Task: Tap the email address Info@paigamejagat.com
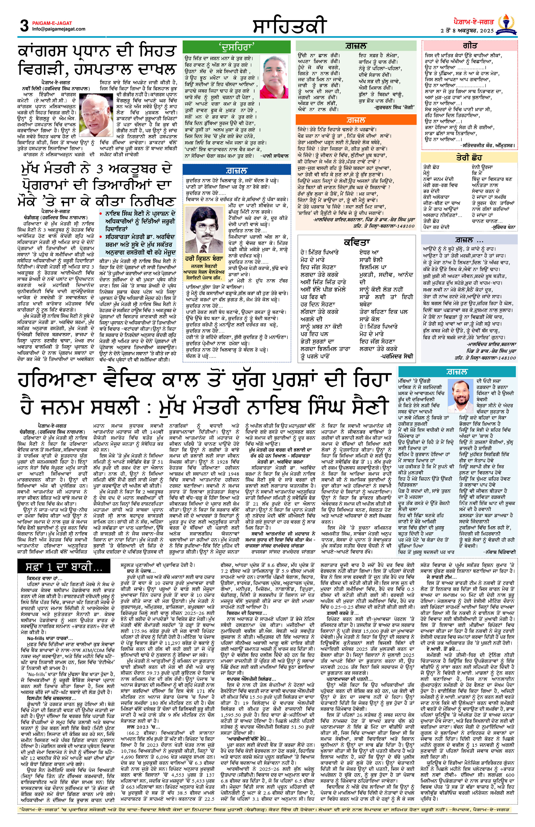click(x=58, y=29)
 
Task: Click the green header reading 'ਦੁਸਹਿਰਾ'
click(x=236, y=46)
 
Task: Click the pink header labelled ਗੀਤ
click(x=470, y=46)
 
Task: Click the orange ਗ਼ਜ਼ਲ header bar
click(x=356, y=120)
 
